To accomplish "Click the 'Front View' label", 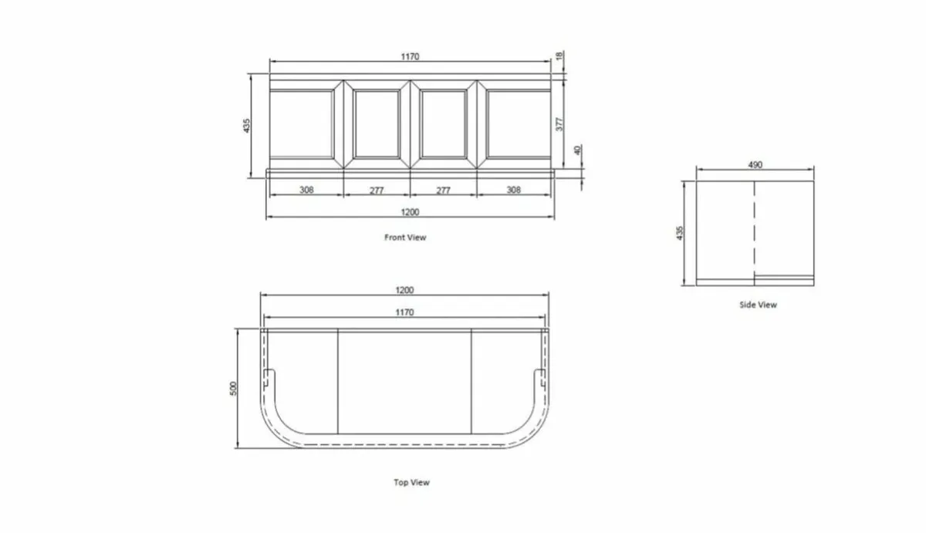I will [x=405, y=238].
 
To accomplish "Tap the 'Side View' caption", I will [x=758, y=305].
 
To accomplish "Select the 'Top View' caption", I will [x=411, y=483].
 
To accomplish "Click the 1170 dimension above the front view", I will [x=410, y=56].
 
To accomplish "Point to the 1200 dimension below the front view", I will [x=410, y=212].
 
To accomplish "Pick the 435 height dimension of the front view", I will [x=247, y=126].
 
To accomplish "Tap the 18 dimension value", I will [x=560, y=56].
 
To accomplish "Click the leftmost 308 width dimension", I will [x=306, y=190].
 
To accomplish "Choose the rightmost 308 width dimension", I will [x=514, y=190].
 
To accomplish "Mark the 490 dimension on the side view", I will [x=755, y=164].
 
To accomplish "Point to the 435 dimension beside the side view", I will [x=681, y=233].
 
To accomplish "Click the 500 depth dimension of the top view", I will [x=235, y=388].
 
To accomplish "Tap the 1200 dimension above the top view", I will [x=404, y=290].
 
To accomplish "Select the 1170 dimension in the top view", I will [x=404, y=312].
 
